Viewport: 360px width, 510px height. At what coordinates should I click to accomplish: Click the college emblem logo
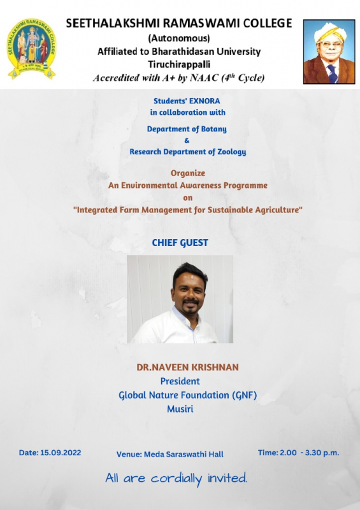coord(32,49)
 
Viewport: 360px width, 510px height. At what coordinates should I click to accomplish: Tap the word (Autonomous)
coord(179,38)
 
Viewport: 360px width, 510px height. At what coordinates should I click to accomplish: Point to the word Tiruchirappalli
coord(179,64)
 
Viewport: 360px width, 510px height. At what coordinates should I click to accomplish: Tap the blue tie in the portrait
coord(332,74)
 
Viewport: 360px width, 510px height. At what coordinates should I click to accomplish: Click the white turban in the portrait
coord(330,33)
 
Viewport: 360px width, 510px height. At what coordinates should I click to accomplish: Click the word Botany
coord(213,129)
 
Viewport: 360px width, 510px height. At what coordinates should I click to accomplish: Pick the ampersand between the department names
coord(187,140)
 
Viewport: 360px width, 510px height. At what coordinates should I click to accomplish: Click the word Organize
coord(188,173)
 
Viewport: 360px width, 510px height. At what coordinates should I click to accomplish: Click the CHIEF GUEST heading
coord(180,243)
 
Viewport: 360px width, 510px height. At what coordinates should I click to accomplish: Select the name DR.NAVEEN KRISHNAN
coord(187,367)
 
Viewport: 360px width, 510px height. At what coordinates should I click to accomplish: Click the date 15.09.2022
coord(61,453)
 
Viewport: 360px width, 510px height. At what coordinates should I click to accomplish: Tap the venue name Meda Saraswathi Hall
coord(184,455)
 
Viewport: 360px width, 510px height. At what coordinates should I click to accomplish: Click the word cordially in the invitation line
coord(176,479)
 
